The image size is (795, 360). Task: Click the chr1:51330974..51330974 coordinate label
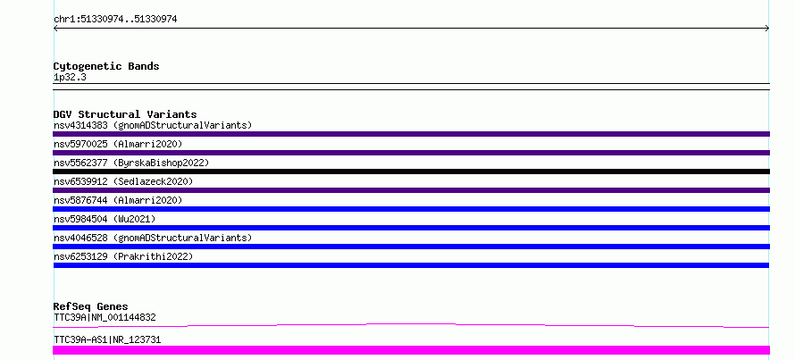[x=115, y=20]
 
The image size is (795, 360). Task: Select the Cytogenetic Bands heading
[x=106, y=66]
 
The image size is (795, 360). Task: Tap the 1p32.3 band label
[x=70, y=78]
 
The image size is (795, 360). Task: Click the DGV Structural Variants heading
[x=125, y=114]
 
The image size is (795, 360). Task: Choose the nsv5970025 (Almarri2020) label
[x=118, y=144]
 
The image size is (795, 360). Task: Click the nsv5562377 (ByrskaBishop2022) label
[x=131, y=163]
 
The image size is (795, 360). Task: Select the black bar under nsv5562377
[x=411, y=172]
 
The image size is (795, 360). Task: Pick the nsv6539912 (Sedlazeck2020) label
[x=123, y=181]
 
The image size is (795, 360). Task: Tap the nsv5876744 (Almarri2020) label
[x=118, y=200]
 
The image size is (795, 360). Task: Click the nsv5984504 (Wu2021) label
[x=105, y=219]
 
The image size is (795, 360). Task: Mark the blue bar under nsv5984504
[x=411, y=228]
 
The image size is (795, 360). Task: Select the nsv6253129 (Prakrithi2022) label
[x=123, y=256]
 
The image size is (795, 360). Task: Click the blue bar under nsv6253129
[x=411, y=265]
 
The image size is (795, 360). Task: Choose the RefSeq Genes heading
[x=90, y=306]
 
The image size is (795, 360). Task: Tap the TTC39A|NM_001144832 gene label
[x=105, y=318]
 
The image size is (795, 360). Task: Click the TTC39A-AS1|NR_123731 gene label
[x=107, y=339]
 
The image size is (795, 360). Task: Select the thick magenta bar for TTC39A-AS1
[x=411, y=350]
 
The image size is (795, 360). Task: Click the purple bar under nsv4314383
[x=411, y=134]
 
